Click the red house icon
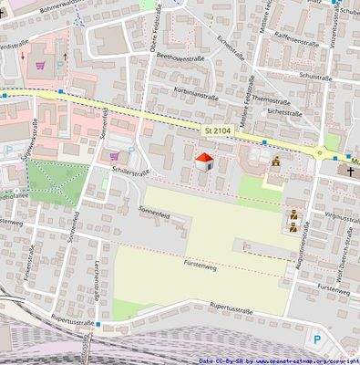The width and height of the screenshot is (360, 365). (205, 162)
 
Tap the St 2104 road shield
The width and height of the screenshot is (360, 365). (217, 133)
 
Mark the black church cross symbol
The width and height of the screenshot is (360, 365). (349, 171)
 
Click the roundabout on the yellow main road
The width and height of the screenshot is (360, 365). (320, 153)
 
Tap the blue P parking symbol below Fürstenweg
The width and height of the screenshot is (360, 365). (317, 339)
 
